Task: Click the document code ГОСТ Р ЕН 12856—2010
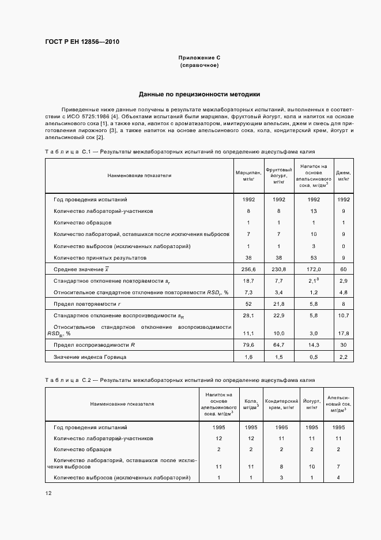82,42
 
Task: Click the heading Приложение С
199,58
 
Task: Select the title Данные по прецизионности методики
199,94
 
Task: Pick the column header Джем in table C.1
343,175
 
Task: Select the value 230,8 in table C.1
278,269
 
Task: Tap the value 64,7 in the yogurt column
278,344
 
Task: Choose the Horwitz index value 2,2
343,357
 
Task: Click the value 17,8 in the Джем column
343,333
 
